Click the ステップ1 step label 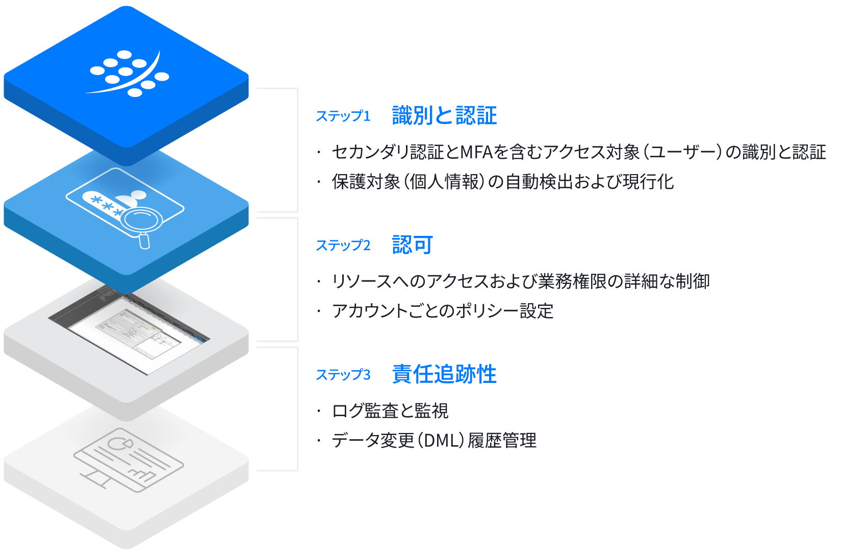click(343, 116)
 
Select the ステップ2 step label click(343, 246)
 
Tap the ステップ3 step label click(343, 375)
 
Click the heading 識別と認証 click(444, 115)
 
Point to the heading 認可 click(413, 245)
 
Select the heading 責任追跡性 click(444, 374)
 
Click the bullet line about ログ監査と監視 click(390, 411)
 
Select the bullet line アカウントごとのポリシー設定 click(442, 311)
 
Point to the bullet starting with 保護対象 click(502, 182)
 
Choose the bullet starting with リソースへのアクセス click(520, 281)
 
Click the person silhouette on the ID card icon click(130, 198)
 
